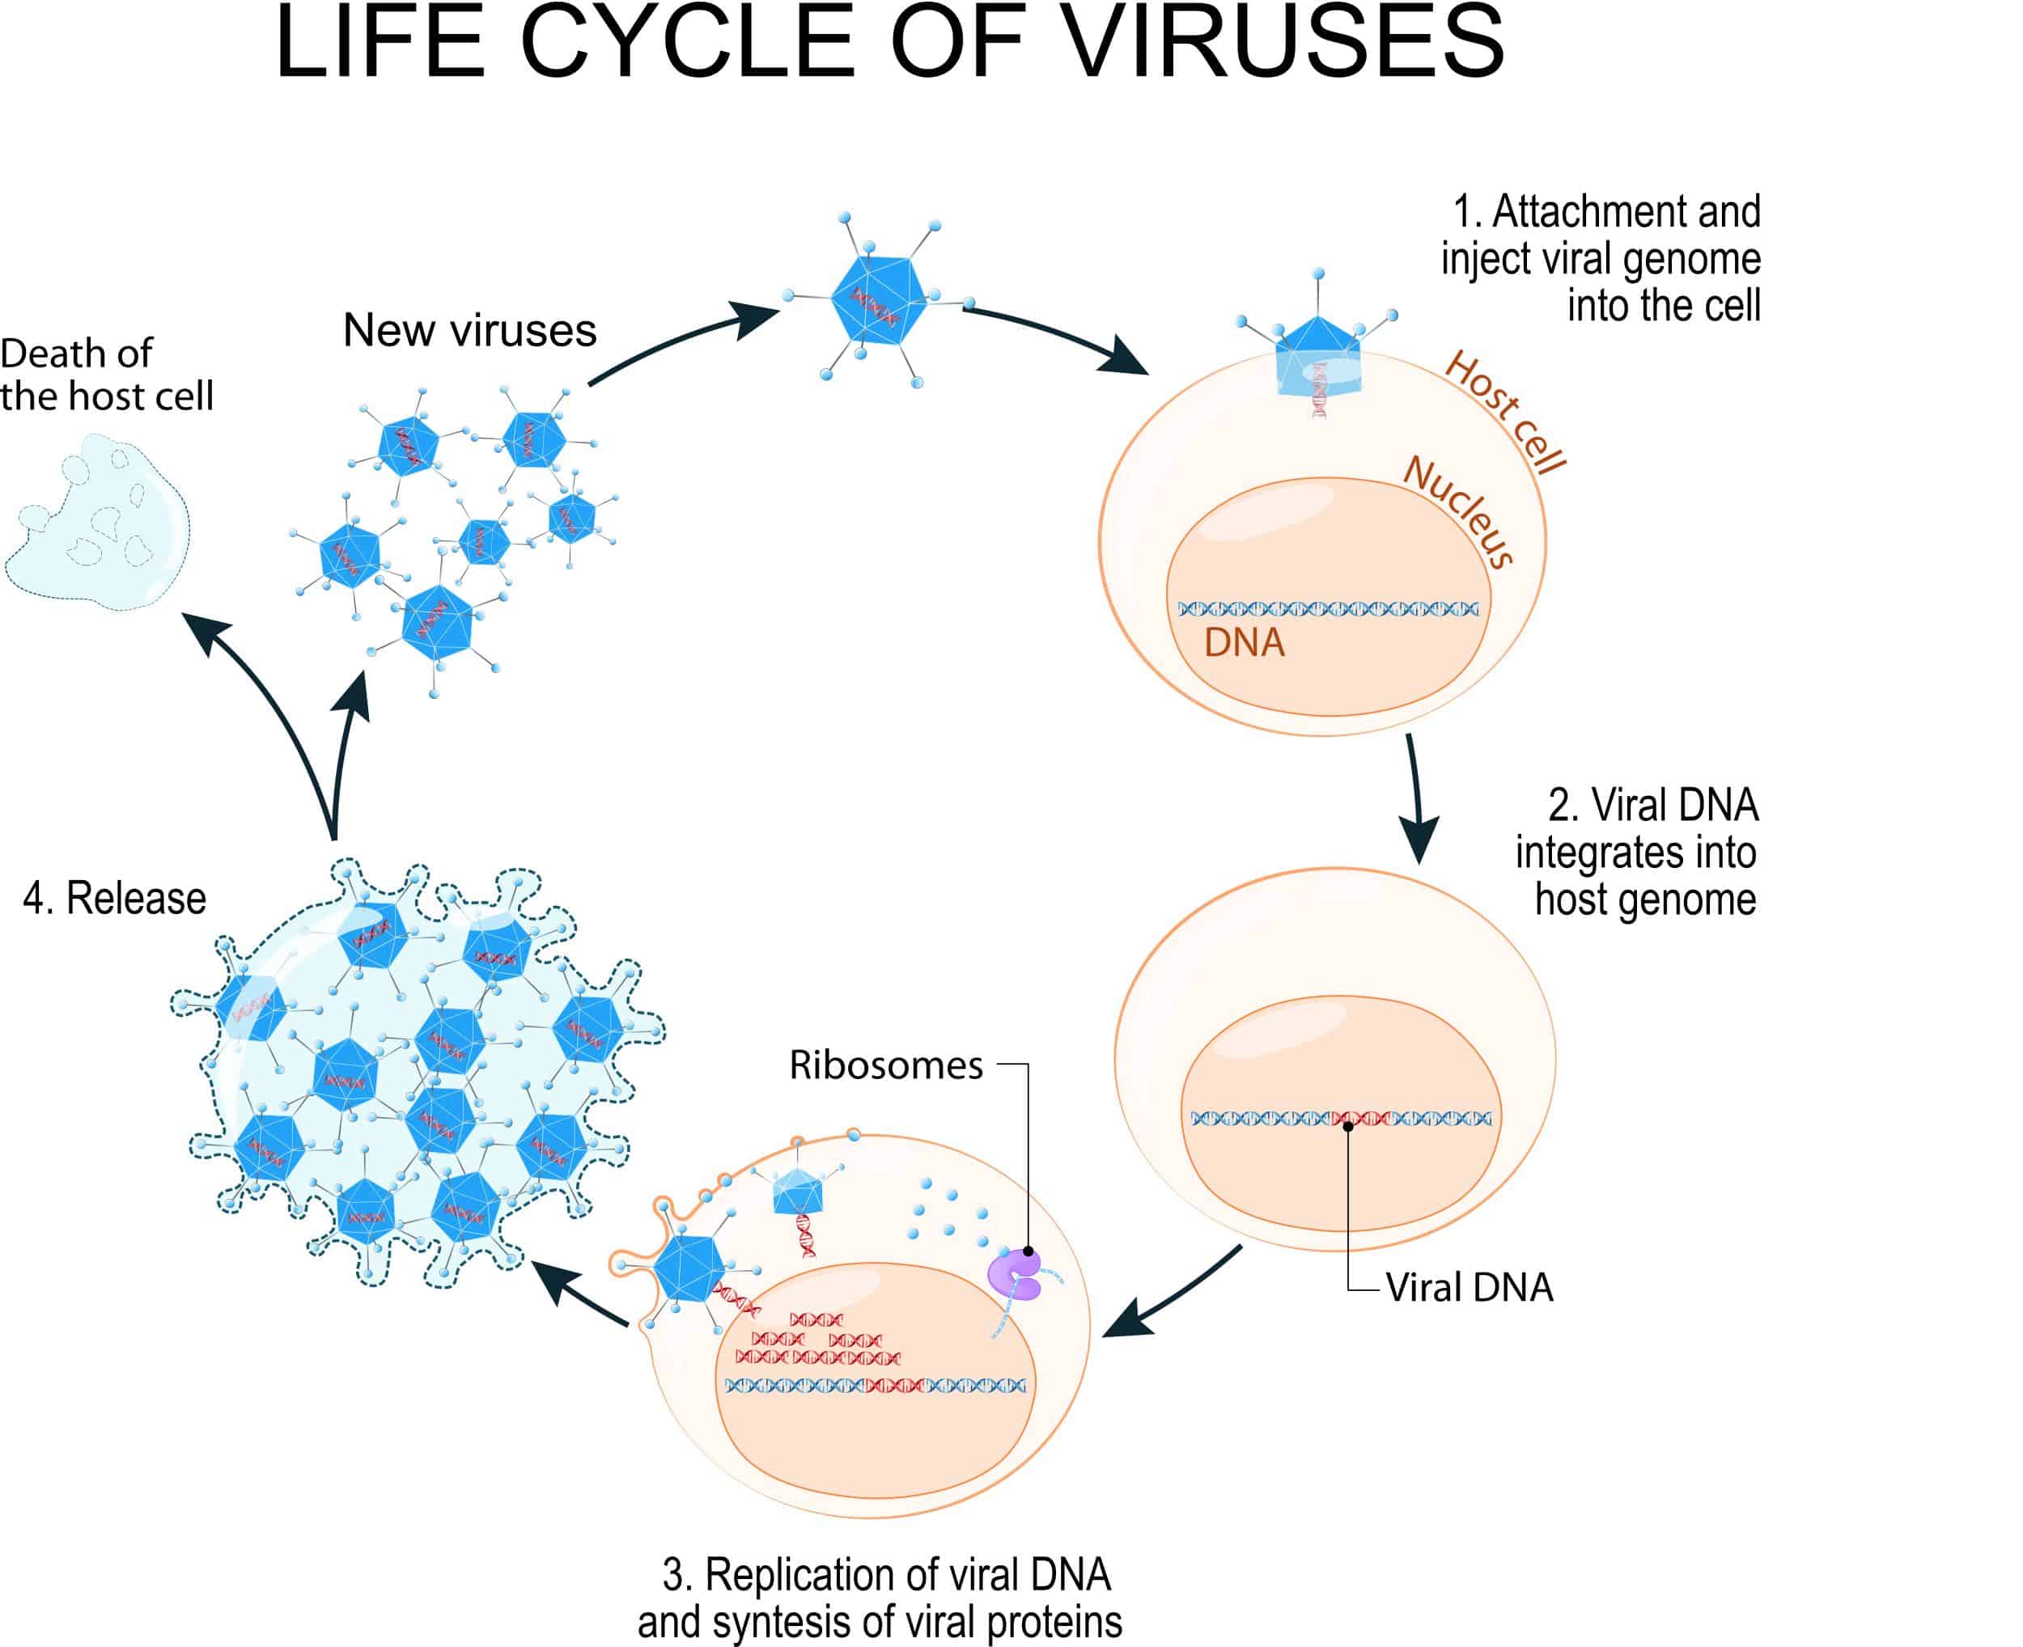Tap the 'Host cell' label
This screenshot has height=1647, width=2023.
pos(1505,412)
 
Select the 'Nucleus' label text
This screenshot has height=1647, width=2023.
pos(1458,511)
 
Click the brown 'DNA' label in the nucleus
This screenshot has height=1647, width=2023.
pos(1244,644)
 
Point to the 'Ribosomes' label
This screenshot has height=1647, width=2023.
pos(885,1065)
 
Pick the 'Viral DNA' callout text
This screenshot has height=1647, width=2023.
pos(1469,1288)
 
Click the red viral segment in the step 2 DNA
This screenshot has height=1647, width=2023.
pos(1359,1119)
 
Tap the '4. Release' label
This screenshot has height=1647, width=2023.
pos(115,899)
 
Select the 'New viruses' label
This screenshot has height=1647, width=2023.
pos(469,330)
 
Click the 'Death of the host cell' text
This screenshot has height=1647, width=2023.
pos(106,375)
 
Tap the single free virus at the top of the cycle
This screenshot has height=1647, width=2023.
pos(878,298)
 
